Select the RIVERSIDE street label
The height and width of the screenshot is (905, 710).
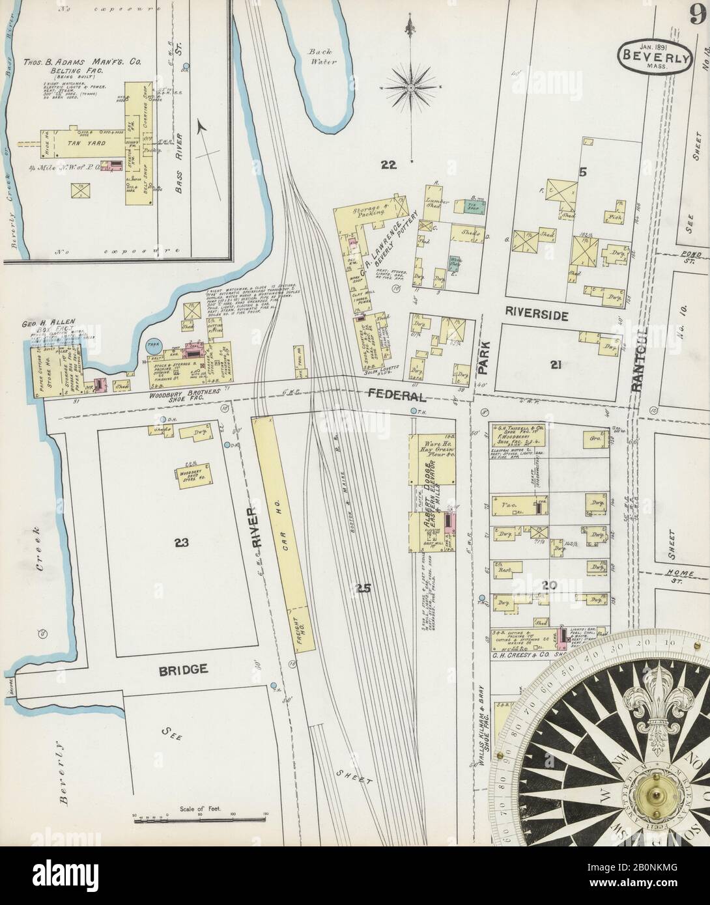click(x=537, y=315)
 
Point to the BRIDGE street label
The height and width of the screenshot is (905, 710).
click(x=186, y=669)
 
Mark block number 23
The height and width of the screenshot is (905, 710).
click(x=180, y=541)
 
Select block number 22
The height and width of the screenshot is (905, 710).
click(x=389, y=166)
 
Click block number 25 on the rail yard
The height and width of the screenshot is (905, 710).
click(x=363, y=589)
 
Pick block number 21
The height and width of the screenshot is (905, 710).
click(x=554, y=365)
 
